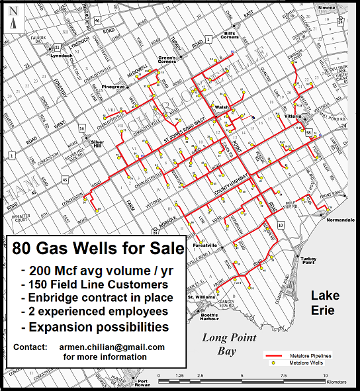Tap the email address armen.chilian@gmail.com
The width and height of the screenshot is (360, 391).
(x=111, y=347)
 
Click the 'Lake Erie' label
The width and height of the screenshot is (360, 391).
(x=326, y=302)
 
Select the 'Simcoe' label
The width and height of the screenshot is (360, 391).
(x=327, y=7)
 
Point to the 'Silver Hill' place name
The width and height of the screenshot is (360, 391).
(x=97, y=144)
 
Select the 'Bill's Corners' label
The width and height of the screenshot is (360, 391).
(x=229, y=36)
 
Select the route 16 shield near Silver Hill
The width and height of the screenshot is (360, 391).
(x=81, y=128)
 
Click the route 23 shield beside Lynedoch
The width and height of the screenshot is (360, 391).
(x=58, y=47)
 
